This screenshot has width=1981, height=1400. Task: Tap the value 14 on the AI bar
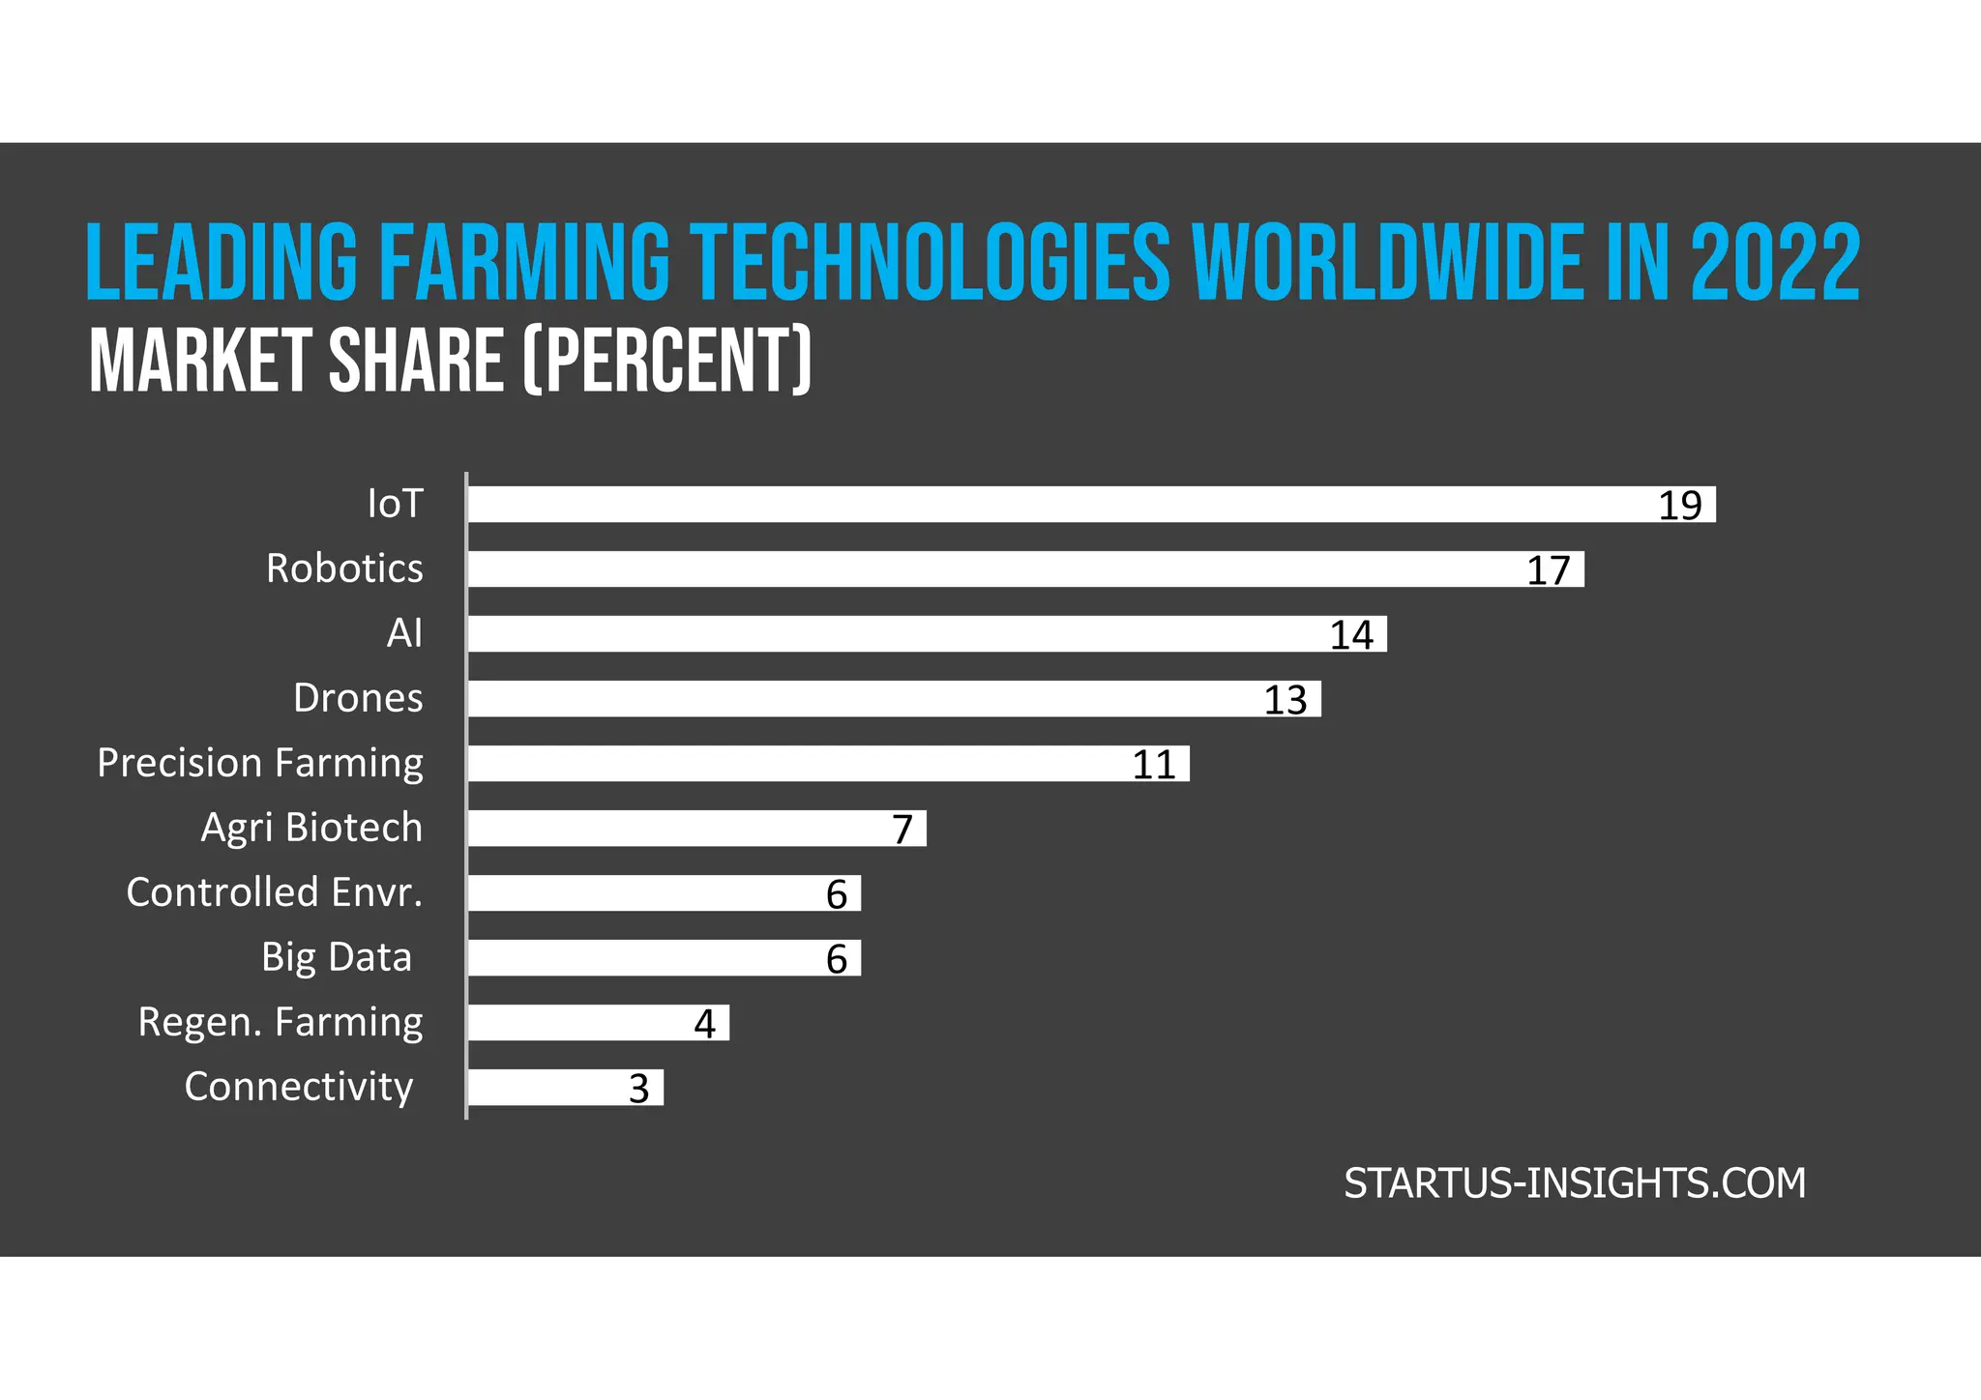pyautogui.click(x=1351, y=635)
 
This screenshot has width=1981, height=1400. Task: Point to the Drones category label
pyautogui.click(x=358, y=698)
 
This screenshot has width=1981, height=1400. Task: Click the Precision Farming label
pyautogui.click(x=260, y=764)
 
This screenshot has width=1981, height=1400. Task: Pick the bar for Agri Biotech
pyautogui.click(x=677, y=829)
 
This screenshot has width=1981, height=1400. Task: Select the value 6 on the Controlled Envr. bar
pyautogui.click(x=837, y=894)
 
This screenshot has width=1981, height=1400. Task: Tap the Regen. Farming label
pyautogui.click(x=281, y=1023)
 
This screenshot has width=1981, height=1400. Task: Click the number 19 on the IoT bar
pyautogui.click(x=1679, y=506)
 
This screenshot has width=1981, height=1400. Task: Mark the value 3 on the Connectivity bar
pyautogui.click(x=638, y=1089)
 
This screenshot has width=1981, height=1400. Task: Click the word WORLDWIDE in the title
pyautogui.click(x=1387, y=263)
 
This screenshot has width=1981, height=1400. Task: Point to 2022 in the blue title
pyautogui.click(x=1775, y=263)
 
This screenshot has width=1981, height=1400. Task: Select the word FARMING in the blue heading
pyautogui.click(x=523, y=263)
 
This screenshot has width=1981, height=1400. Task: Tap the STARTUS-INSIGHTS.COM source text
pyautogui.click(x=1575, y=1183)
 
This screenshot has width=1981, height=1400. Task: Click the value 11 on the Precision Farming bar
pyautogui.click(x=1153, y=765)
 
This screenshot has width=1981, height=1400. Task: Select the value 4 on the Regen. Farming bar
pyautogui.click(x=705, y=1024)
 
